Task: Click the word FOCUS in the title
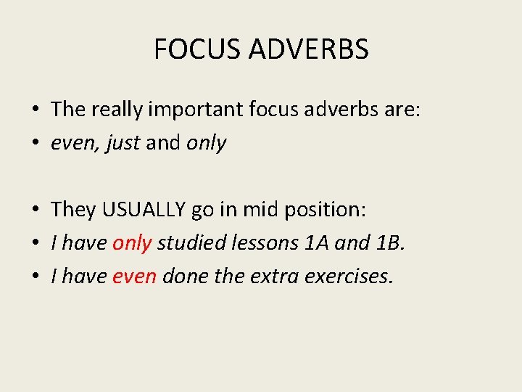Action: [198, 49]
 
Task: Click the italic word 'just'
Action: [123, 143]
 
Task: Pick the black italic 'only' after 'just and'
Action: [207, 143]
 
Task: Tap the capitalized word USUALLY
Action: [144, 210]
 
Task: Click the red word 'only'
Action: [131, 243]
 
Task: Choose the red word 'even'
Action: [135, 277]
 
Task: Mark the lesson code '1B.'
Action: [390, 243]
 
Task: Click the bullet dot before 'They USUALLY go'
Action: [35, 211]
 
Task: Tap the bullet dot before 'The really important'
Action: [35, 110]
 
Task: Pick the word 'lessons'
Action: [258, 243]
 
